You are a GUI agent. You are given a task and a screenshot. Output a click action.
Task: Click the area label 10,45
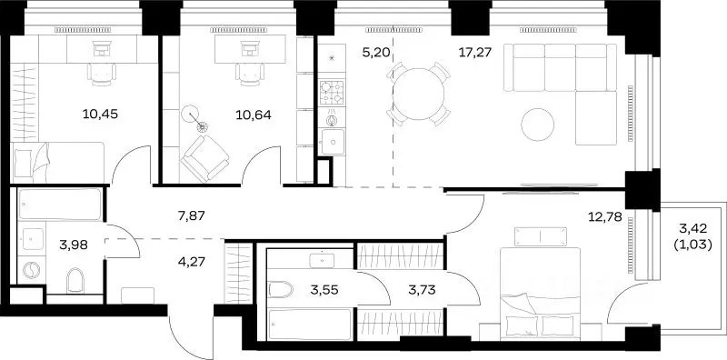coord(100,115)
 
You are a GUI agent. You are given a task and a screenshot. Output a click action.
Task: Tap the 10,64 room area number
coord(254,115)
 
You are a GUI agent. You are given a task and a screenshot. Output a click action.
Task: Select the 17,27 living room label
coord(474,52)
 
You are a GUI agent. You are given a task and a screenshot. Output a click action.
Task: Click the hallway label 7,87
coord(191,215)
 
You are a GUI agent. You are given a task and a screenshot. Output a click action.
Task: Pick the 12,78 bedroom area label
coord(605,215)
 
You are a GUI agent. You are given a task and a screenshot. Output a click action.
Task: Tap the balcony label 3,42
coord(692,228)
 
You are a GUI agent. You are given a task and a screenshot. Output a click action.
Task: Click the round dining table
coord(419,94)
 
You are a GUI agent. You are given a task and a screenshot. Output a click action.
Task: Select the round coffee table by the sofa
coord(538,125)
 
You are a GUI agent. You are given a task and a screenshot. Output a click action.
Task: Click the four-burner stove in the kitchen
coord(332,93)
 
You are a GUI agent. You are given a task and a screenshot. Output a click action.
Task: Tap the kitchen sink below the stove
coord(332,142)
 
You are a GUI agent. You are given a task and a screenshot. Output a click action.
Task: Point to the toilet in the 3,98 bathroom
coord(75,280)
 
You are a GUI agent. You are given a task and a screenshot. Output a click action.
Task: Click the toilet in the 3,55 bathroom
coord(281,290)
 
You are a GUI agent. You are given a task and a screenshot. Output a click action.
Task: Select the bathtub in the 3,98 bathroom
coord(60,204)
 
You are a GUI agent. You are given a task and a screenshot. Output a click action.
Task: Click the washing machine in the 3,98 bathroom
coord(31,270)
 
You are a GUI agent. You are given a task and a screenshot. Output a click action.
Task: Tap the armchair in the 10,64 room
coord(204,158)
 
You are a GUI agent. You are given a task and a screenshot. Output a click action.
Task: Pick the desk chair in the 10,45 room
coord(102,74)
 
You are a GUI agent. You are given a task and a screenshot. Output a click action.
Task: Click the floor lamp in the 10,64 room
coord(194,118)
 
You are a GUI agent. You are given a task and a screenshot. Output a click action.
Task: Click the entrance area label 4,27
coord(193,262)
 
